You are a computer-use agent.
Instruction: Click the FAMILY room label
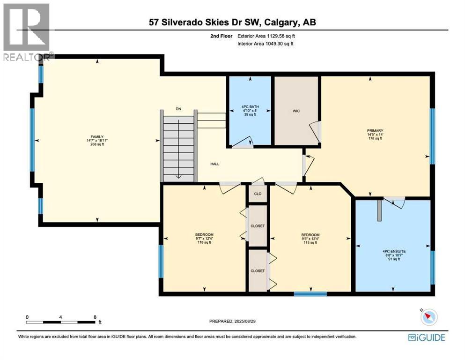point(97,136)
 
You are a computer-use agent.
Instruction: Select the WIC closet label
point(296,111)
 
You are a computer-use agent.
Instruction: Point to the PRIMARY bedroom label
point(375,131)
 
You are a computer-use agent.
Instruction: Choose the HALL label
point(214,164)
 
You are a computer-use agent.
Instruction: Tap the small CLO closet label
point(257,194)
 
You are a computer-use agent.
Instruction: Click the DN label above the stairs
point(178,109)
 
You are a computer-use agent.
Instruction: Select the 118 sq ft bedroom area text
point(204,242)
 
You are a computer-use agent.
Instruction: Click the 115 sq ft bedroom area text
point(310,242)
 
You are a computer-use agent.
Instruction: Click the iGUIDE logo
point(426,337)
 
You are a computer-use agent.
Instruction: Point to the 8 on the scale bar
point(95,317)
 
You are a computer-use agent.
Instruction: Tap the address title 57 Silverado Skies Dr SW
point(232,22)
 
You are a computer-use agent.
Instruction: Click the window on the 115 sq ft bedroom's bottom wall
point(310,294)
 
